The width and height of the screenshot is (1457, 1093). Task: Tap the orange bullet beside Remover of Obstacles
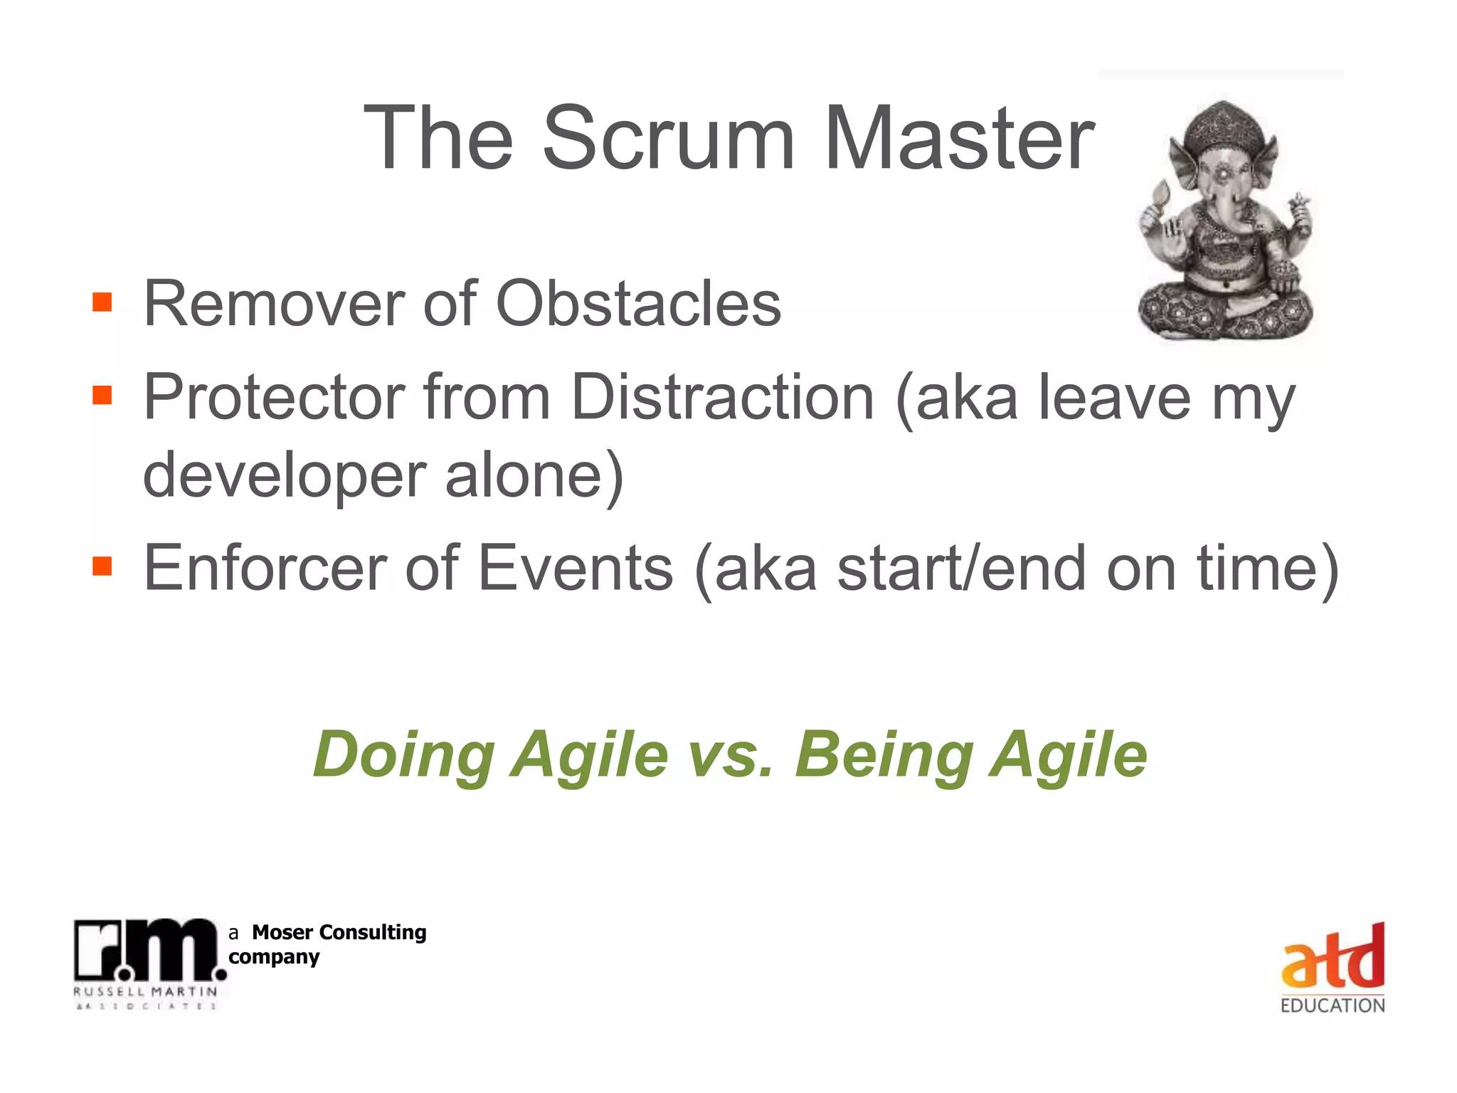pos(102,302)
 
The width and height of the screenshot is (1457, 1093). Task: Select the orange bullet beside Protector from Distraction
pos(102,394)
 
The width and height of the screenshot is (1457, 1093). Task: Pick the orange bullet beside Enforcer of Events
pos(102,566)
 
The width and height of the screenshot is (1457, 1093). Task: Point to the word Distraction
pos(721,396)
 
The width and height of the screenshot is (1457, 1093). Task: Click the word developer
pos(285,475)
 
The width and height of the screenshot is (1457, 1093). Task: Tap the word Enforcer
pos(265,568)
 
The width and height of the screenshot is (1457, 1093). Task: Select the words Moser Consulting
pos(339,932)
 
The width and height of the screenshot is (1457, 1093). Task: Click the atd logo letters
pos(1332,957)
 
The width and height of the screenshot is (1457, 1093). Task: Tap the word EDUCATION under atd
pos(1332,1005)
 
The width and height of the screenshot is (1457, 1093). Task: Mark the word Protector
pos(274,396)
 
